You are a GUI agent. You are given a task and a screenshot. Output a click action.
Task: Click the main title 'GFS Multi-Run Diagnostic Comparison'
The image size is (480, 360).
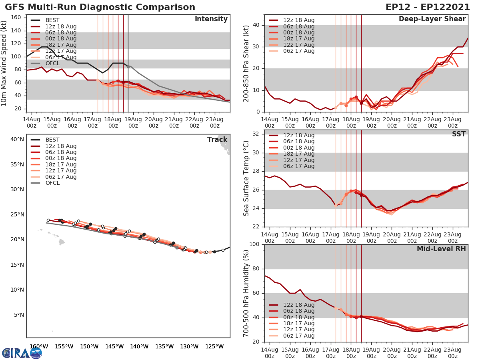point(100,7)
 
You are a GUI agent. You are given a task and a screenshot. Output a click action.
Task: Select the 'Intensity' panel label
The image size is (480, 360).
point(211,19)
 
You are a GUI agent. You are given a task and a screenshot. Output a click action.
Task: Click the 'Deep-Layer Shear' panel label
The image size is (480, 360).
point(432,19)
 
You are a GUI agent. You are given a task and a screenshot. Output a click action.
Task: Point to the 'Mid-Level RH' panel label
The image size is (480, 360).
point(441,249)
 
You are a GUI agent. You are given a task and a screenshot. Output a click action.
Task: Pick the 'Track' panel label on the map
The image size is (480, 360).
point(217,140)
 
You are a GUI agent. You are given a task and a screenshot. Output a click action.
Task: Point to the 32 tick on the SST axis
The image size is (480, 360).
point(256,134)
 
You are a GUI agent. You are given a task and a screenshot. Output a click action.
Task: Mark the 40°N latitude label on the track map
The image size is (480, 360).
point(17,139)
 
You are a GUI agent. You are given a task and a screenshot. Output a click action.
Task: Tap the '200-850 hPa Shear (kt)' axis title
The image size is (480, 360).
point(247,64)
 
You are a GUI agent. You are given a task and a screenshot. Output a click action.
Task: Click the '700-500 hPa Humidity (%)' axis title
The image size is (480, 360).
point(247,293)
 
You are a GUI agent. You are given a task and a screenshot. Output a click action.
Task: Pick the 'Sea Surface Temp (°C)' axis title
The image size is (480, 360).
point(247,179)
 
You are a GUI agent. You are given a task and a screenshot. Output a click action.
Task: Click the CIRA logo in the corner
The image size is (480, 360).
point(22,352)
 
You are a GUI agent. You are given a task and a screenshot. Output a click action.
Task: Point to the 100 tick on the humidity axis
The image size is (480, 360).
point(254,244)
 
